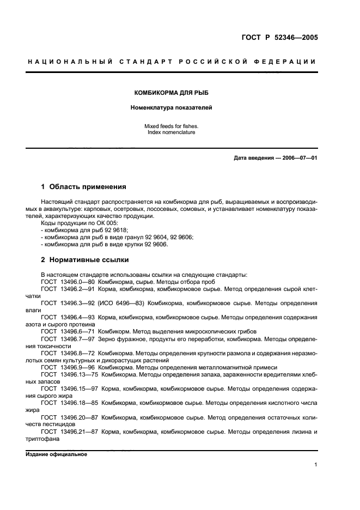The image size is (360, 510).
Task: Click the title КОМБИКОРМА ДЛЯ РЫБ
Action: [171, 93]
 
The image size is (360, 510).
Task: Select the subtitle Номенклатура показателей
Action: [171, 107]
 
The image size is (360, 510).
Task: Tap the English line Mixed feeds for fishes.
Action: [171, 126]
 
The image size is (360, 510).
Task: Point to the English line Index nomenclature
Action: [171, 132]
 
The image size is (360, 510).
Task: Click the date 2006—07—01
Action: [298, 158]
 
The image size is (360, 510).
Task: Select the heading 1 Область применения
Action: [83, 186]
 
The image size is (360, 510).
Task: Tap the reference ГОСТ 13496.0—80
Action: [68, 282]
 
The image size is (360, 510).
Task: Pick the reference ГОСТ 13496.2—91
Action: [68, 289]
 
